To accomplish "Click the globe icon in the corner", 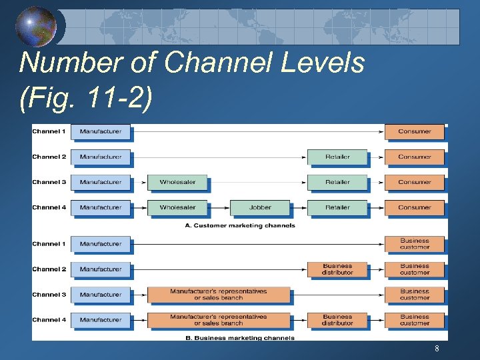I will [35, 27].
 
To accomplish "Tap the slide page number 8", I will [437, 349].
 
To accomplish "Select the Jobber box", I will [260, 207].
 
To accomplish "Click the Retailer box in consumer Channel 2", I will [337, 157].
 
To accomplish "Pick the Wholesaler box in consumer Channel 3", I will [177, 182].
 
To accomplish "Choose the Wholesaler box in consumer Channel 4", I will [177, 207].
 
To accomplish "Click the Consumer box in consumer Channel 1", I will [414, 131].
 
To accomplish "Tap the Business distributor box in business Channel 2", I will [337, 269].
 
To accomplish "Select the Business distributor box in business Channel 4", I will [337, 320].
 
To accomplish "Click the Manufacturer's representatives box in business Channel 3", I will [219, 295].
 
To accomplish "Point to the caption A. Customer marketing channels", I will [240, 226].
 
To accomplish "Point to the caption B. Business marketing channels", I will [240, 338].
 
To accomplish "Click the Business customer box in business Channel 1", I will [414, 244].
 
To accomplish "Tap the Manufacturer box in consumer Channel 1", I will [101, 131].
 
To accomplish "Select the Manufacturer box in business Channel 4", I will [101, 320].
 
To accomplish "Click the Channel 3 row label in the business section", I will [49, 295].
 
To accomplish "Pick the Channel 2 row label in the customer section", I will [49, 157].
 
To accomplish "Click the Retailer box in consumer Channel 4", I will [337, 207].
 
